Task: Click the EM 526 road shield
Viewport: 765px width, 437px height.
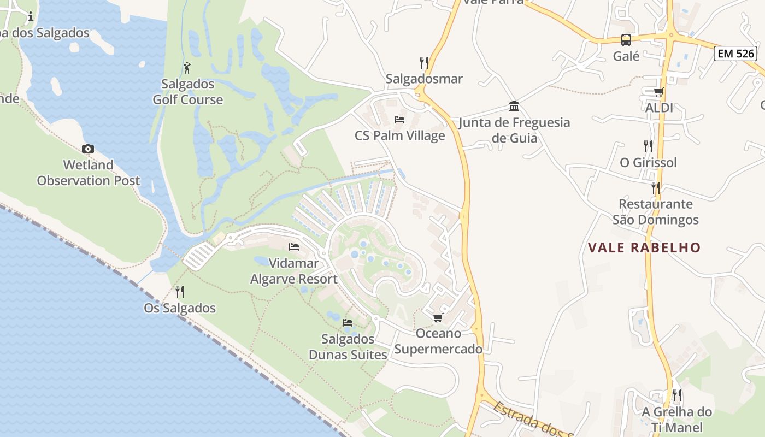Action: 735,54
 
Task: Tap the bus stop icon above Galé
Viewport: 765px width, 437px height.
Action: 626,40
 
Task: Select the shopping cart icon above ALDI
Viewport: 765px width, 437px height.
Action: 658,92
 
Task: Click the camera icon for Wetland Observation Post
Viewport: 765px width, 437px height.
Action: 87,149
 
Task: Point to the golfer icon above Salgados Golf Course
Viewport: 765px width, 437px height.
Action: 187,68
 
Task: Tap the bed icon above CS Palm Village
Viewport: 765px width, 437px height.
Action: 399,120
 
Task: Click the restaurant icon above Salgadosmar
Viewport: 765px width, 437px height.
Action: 423,62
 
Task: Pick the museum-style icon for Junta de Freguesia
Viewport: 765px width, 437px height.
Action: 514,106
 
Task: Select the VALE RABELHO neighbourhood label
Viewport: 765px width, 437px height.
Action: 644,247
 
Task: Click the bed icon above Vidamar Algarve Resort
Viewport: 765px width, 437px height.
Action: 294,247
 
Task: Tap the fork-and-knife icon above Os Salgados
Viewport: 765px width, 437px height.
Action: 179,292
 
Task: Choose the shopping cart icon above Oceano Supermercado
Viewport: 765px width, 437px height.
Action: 438,317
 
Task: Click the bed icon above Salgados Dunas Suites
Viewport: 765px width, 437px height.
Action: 348,323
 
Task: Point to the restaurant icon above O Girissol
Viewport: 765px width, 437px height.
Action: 648,146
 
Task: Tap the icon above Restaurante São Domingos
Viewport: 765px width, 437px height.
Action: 655,188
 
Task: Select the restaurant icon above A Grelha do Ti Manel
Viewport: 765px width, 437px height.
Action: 676,395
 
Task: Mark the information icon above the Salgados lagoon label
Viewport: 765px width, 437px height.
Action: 31,17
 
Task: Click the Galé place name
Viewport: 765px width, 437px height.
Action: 626,56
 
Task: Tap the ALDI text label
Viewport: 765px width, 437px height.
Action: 659,108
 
